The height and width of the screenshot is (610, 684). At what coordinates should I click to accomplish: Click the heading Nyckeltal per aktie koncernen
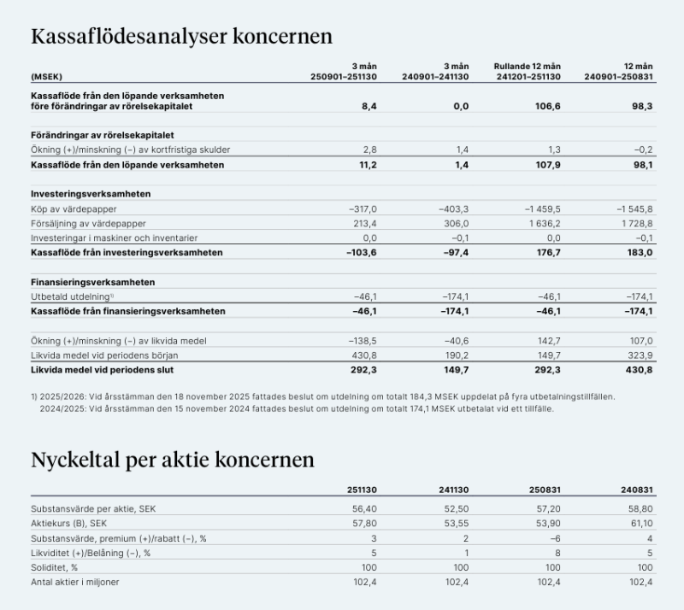173,460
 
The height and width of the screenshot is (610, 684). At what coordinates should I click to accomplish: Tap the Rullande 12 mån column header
527,67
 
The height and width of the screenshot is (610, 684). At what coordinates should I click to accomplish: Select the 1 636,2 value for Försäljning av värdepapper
542,223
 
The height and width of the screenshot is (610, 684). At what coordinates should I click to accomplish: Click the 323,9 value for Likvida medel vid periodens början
639,355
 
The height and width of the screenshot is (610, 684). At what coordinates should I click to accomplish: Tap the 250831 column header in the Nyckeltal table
544,490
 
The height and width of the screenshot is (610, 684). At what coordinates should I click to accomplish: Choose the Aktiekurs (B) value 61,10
640,522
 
